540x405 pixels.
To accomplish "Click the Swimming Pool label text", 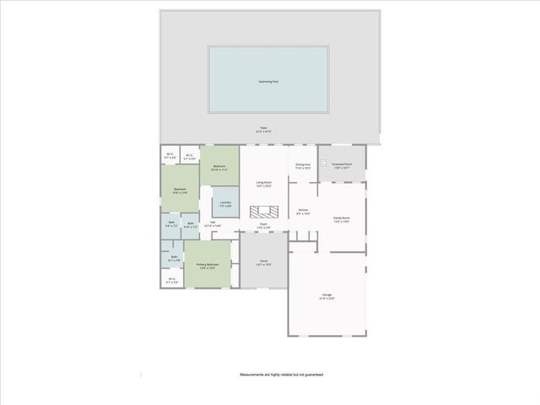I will pyautogui.click(x=267, y=82).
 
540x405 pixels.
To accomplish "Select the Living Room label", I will pyautogui.click(x=264, y=183).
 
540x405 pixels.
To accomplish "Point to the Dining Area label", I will pyautogui.click(x=303, y=166).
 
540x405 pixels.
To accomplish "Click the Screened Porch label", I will pyautogui.click(x=342, y=166).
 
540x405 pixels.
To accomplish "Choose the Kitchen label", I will pyautogui.click(x=304, y=212).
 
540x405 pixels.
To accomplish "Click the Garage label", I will pyautogui.click(x=327, y=296).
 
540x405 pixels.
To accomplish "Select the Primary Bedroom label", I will pyautogui.click(x=208, y=266).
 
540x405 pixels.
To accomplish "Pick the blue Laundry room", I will pyautogui.click(x=225, y=203).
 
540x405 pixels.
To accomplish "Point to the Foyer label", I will pyautogui.click(x=264, y=225).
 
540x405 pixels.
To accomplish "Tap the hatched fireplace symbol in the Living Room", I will pyautogui.click(x=264, y=211).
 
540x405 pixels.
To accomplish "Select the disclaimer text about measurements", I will pyautogui.click(x=282, y=374).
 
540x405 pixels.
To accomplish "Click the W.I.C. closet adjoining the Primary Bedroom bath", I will pyautogui.click(x=172, y=280).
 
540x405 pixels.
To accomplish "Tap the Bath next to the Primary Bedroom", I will pyautogui.click(x=174, y=258).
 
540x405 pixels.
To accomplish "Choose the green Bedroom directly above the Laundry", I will pyautogui.click(x=220, y=168).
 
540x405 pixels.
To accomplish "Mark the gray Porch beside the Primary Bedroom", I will pyautogui.click(x=263, y=262).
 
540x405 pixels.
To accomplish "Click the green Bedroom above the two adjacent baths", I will pyautogui.click(x=180, y=190).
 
